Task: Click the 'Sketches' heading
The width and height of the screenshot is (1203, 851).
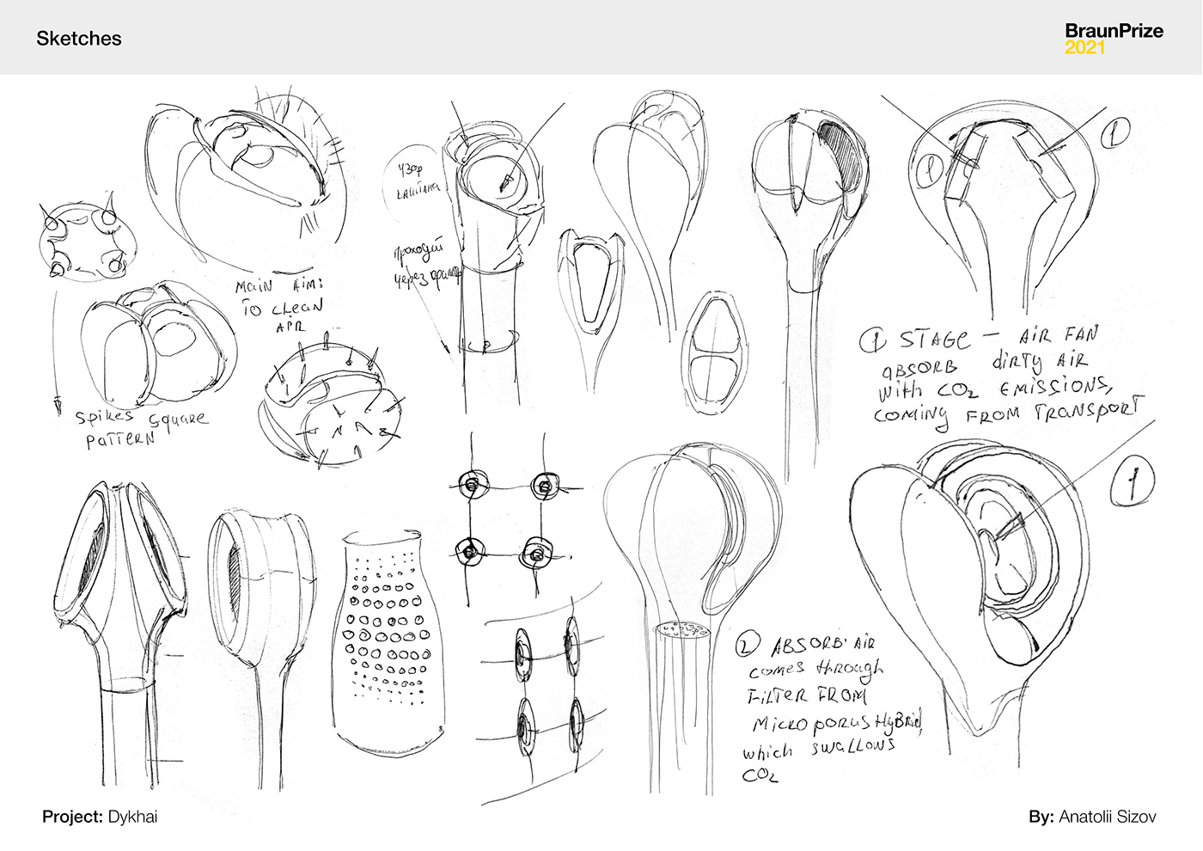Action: pos(78,39)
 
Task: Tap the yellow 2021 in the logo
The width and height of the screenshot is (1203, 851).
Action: pos(1084,48)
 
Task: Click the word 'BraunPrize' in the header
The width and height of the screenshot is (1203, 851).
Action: pos(1114,31)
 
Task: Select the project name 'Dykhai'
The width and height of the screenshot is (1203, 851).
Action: pos(132,817)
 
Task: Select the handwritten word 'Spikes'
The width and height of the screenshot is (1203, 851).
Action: pos(105,418)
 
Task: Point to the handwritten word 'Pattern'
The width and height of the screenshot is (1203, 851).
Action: pos(119,439)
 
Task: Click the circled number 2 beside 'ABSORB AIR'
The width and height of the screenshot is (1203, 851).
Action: pos(749,644)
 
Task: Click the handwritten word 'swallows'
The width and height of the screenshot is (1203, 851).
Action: pos(852,746)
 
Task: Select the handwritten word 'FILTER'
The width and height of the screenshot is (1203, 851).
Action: pos(778,695)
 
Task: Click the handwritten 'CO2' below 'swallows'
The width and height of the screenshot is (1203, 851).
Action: pos(760,775)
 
